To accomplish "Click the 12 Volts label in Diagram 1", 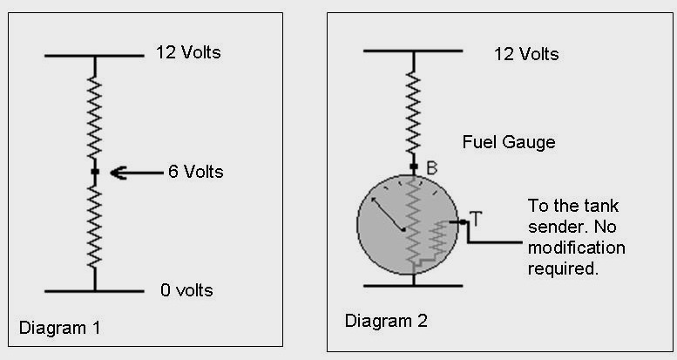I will click(x=188, y=52).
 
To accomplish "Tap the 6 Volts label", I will click(x=195, y=172).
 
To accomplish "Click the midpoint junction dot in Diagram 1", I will click(x=95, y=173).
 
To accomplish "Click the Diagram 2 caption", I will click(x=386, y=321).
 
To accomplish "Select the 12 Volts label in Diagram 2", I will click(x=525, y=54).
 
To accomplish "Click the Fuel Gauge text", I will click(x=510, y=141).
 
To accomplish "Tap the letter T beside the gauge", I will click(x=475, y=217).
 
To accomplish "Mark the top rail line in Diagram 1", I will click(x=94, y=56).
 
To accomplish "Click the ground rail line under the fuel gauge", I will click(x=415, y=285).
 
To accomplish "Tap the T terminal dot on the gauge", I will click(x=464, y=222).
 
